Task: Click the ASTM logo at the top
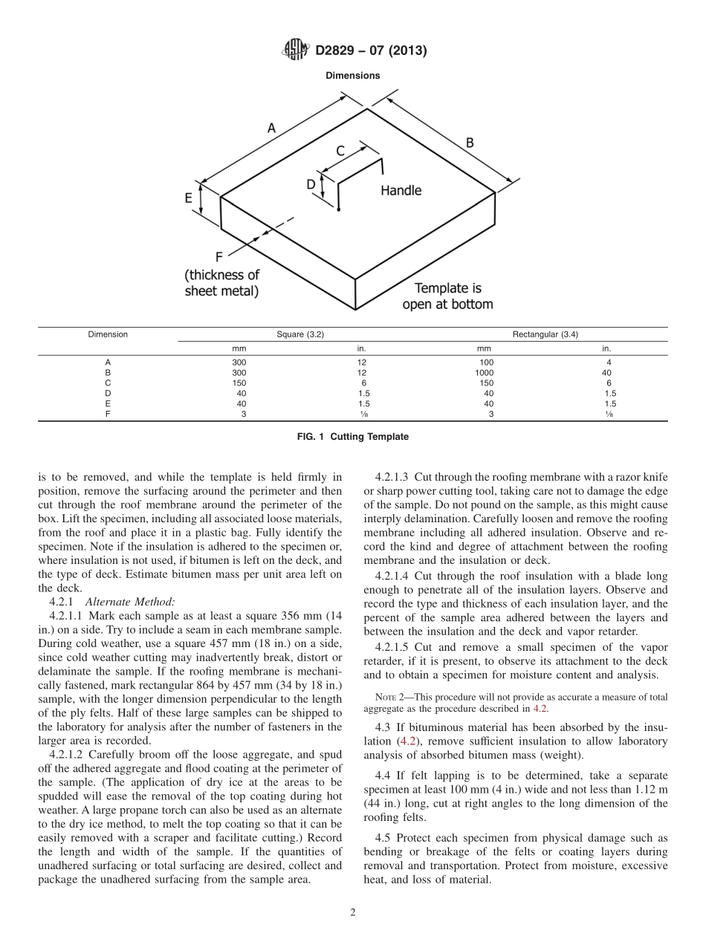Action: [x=297, y=50]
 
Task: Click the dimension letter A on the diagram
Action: [x=271, y=128]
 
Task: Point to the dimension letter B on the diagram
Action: [x=470, y=142]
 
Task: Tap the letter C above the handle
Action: [x=340, y=151]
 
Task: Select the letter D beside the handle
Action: [x=311, y=184]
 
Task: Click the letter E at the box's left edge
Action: [x=189, y=198]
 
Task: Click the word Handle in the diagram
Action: [x=401, y=191]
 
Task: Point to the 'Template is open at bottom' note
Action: [x=447, y=296]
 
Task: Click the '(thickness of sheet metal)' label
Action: [x=222, y=283]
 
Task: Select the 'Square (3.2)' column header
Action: [x=300, y=334]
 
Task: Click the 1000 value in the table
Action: [x=484, y=372]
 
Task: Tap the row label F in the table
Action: [x=108, y=414]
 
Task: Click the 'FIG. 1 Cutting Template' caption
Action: [x=352, y=437]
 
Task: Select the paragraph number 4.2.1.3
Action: [x=394, y=476]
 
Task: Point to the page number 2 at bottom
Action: [x=353, y=913]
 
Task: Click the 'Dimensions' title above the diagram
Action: [x=352, y=76]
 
